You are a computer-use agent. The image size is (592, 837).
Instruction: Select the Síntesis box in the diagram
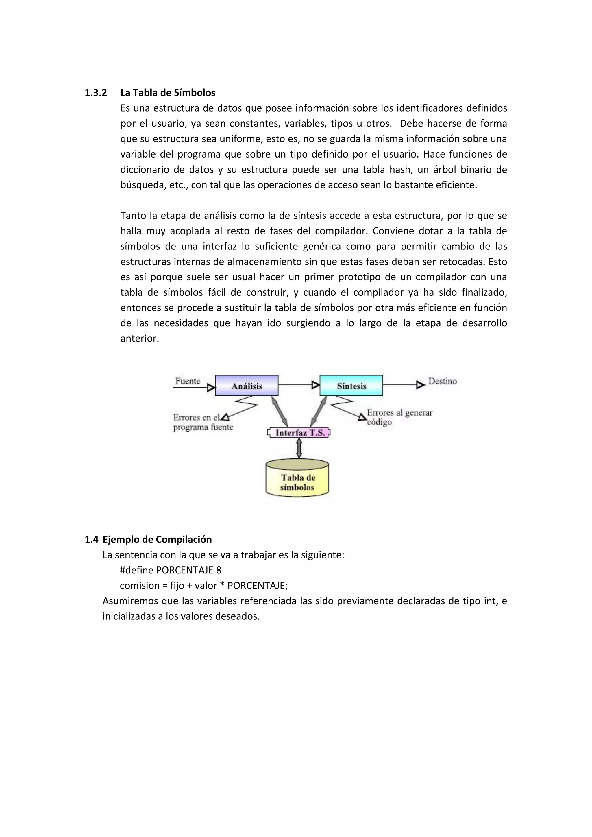pos(351,385)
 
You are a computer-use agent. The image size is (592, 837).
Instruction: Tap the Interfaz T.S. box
pos(299,433)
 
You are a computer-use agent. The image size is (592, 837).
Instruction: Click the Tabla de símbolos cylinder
pos(297,478)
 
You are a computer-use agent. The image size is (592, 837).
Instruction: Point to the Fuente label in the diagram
pos(188,381)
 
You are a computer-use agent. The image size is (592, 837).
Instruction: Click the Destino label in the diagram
pos(442,381)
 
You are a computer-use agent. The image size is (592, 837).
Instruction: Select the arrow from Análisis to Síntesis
pos(299,385)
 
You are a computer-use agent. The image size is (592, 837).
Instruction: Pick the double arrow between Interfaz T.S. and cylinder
pos(299,448)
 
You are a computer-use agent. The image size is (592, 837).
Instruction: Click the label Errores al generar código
pos(399,417)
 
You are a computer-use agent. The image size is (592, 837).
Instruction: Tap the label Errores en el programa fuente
pos(203,423)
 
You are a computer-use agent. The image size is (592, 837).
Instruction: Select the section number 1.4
pos(92,540)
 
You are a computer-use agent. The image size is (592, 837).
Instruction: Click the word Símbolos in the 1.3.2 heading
pos(194,93)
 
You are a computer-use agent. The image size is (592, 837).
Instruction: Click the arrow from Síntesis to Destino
pos(404,385)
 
